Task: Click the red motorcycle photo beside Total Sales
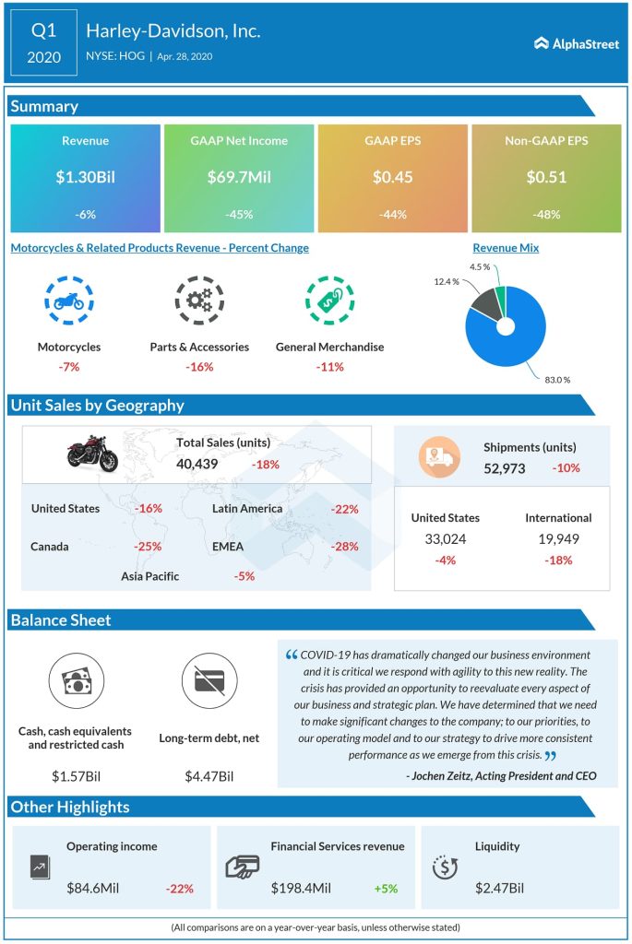pyautogui.click(x=91, y=454)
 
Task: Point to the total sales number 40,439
pyautogui.click(x=197, y=464)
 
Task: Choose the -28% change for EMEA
pyautogui.click(x=345, y=547)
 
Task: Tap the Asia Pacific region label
pyautogui.click(x=149, y=576)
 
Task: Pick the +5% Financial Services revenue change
pyautogui.click(x=386, y=889)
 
